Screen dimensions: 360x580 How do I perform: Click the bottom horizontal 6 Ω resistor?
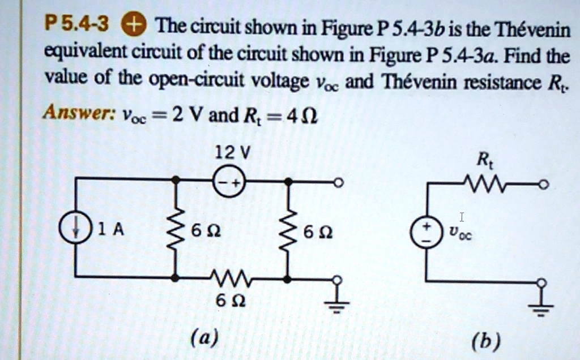229,277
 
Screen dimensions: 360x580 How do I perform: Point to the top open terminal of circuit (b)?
544,183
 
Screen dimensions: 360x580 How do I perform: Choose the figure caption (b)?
487,341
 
